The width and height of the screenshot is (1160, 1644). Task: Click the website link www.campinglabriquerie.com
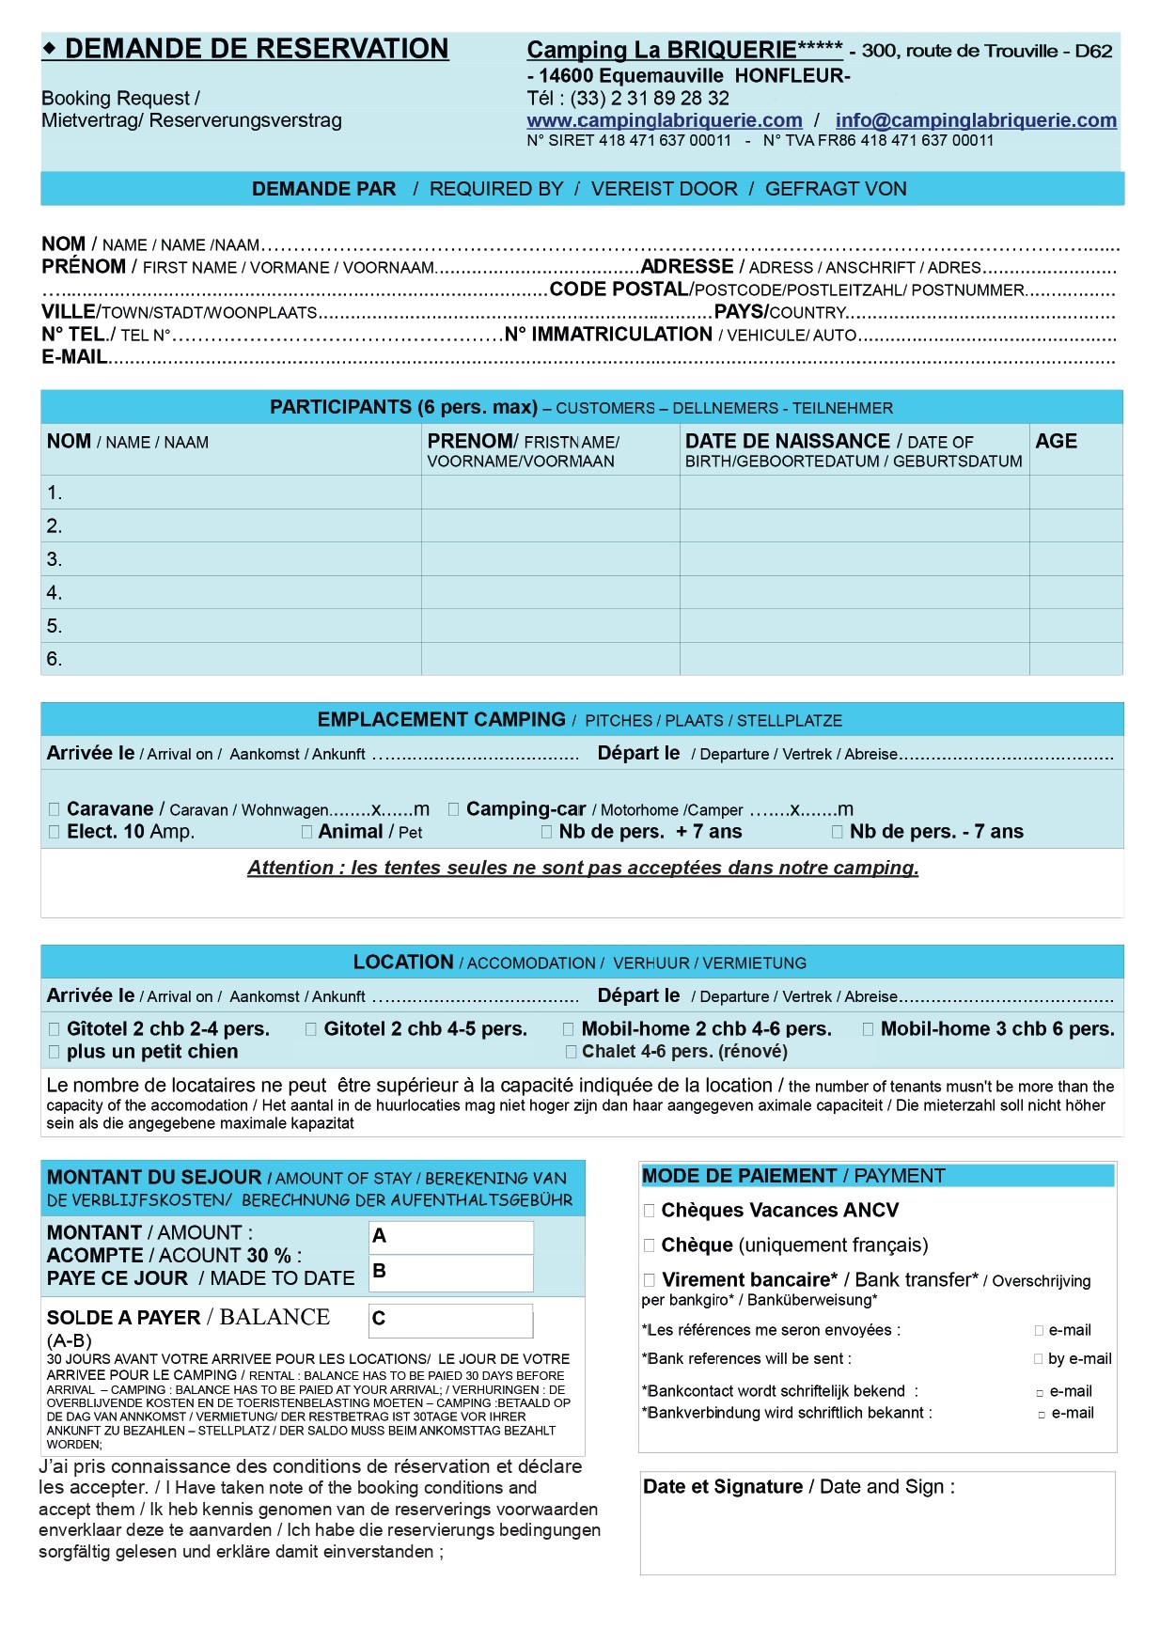(x=664, y=120)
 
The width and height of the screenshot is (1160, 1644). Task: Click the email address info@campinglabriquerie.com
(x=975, y=120)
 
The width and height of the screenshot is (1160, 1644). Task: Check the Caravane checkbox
(x=54, y=809)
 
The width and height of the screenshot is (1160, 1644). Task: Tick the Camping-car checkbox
(x=453, y=809)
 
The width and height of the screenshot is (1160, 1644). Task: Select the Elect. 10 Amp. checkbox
(x=54, y=832)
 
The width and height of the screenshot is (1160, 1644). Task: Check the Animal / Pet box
(x=306, y=832)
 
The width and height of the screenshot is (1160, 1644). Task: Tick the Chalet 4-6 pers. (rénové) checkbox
(x=571, y=1052)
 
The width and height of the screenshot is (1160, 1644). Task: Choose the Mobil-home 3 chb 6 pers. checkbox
(x=868, y=1029)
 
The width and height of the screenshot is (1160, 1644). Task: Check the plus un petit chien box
(x=54, y=1052)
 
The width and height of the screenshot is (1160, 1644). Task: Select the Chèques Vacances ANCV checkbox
(x=649, y=1211)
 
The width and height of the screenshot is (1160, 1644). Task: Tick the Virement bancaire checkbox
(x=649, y=1280)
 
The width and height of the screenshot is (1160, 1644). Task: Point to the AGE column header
(x=1056, y=442)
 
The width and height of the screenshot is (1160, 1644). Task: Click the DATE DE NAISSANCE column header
(x=787, y=442)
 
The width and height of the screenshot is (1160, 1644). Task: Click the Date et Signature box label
(x=798, y=1487)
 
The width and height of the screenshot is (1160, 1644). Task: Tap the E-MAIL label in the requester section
(x=74, y=357)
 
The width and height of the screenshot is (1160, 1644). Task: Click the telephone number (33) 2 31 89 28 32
(x=649, y=99)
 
